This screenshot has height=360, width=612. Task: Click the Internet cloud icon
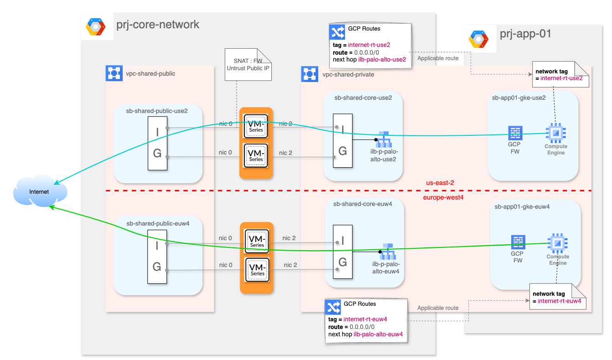[40, 192]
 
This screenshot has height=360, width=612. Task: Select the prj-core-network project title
[158, 25]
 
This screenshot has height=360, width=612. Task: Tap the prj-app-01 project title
[525, 34]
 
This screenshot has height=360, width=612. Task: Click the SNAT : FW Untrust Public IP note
[249, 64]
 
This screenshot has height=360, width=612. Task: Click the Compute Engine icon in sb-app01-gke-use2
[555, 133]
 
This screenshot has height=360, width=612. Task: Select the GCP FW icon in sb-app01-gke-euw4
[518, 242]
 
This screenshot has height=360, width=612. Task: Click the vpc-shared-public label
[150, 73]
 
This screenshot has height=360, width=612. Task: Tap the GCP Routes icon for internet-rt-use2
[337, 32]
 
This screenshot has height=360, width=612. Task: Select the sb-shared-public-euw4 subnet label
[158, 223]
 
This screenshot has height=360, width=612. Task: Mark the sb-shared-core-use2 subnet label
[363, 97]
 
